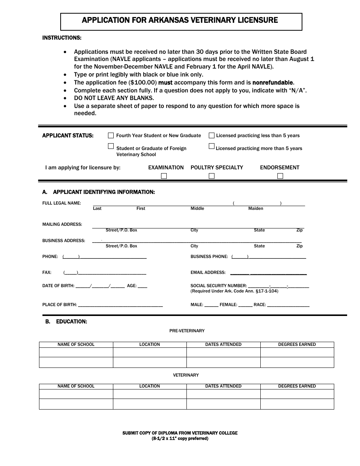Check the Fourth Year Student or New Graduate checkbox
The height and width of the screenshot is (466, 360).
click(x=111, y=135)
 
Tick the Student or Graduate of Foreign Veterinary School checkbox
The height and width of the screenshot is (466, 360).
click(x=111, y=146)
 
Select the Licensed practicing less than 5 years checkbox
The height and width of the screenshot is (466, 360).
click(x=211, y=135)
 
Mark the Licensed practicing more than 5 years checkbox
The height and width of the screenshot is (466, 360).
click(x=211, y=146)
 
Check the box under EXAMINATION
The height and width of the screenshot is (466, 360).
click(x=164, y=176)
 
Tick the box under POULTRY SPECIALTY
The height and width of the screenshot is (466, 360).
click(x=211, y=176)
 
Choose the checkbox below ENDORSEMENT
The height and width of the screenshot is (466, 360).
click(x=280, y=176)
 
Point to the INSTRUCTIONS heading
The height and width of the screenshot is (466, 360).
click(x=61, y=38)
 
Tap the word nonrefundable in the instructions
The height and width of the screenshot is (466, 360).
click(x=272, y=83)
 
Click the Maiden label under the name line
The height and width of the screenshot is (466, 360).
click(x=255, y=209)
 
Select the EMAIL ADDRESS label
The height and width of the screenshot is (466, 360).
click(x=208, y=272)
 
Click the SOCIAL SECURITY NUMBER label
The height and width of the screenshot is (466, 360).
click(x=218, y=286)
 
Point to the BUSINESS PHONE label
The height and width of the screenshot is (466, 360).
click(x=209, y=256)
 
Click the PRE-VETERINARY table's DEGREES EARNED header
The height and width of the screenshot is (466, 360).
click(x=297, y=344)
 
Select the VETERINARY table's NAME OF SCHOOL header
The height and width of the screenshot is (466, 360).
click(x=76, y=386)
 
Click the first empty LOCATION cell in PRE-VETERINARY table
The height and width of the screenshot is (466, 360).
click(x=150, y=352)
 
